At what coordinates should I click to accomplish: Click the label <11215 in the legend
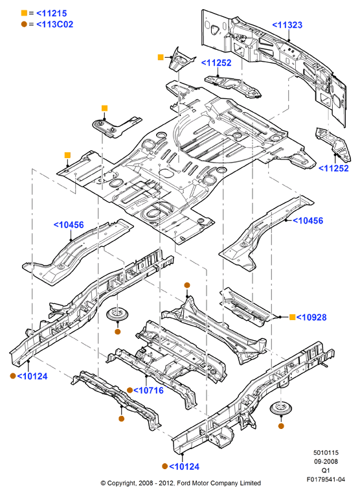point(52,14)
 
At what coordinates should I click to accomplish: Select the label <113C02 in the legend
point(55,25)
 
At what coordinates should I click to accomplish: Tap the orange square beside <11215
point(24,13)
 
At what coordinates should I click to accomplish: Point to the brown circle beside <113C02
point(24,24)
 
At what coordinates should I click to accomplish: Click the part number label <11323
point(287,25)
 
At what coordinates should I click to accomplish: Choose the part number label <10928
point(312,318)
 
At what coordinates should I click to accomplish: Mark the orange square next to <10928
point(293,317)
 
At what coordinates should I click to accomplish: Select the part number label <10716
point(148,390)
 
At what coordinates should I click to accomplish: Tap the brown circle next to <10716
point(129,390)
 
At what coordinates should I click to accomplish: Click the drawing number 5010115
point(326,453)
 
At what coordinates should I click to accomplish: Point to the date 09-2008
point(326,461)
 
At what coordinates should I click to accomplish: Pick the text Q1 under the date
point(326,470)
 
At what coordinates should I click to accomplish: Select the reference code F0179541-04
point(326,480)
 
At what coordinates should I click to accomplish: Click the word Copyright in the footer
point(121,483)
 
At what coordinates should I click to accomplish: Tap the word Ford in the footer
point(183,483)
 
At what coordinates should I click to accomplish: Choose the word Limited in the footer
point(250,483)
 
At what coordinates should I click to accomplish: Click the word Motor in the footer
point(199,483)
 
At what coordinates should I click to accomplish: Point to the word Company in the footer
point(224,483)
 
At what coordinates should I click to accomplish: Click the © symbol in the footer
point(103,483)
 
